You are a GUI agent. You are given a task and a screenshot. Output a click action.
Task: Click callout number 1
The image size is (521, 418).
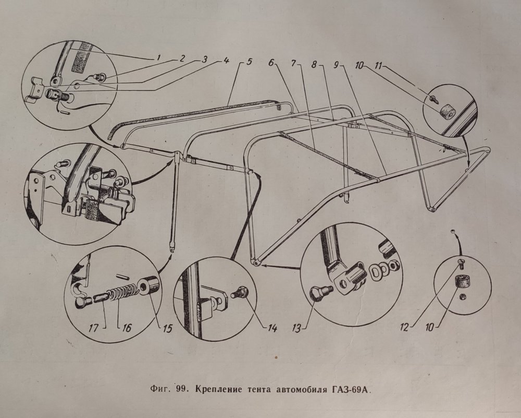point(158,57)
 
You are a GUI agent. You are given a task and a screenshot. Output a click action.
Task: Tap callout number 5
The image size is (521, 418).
point(249,62)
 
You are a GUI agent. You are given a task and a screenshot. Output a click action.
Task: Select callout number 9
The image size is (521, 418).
point(337,65)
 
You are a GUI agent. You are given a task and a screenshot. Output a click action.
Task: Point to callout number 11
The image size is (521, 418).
point(379,66)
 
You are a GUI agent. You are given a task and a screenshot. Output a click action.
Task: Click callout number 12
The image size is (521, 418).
point(404,328)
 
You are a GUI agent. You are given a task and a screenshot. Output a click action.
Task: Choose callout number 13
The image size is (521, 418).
point(296,328)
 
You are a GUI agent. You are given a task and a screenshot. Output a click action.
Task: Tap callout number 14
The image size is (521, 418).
point(272,328)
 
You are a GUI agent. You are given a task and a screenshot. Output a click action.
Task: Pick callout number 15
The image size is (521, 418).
point(168,328)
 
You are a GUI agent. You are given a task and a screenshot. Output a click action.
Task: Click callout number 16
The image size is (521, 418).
point(127,328)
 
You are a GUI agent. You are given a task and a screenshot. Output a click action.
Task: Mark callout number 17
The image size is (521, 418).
point(93,328)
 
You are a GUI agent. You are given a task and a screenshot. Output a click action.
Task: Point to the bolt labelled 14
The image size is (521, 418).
point(239,293)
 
